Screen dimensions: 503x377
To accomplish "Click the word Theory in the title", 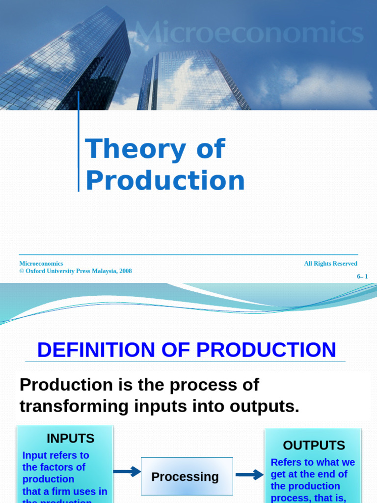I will tap(125, 149).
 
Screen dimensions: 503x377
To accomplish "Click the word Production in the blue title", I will tap(165, 180).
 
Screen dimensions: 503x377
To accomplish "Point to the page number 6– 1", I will tap(362, 277).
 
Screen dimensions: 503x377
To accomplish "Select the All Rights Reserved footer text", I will tap(330, 264).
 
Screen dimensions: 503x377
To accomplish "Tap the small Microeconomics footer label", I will tap(41, 264).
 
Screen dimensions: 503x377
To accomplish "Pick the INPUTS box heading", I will tap(70, 438).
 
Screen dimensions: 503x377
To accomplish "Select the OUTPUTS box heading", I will tap(314, 446).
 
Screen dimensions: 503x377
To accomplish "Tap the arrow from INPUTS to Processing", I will tap(127, 472).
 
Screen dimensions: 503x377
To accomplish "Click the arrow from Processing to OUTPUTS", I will tap(249, 475).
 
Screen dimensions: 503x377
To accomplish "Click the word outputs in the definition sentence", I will tap(263, 406).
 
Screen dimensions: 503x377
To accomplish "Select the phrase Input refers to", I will tap(55, 455).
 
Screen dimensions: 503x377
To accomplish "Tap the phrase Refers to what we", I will tap(313, 462).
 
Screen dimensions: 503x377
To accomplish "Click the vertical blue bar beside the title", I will tap(79, 142).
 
